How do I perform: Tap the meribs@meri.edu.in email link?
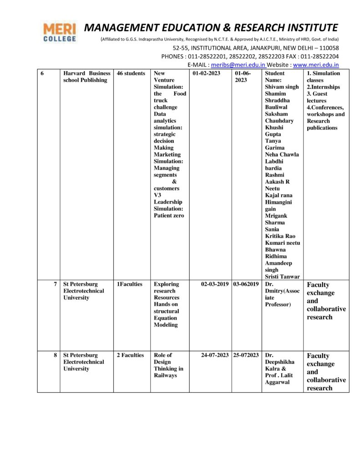238,65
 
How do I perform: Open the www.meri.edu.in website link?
316,65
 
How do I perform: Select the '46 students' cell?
131,73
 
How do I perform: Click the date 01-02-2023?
208,73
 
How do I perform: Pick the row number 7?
55,284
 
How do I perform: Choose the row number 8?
55,355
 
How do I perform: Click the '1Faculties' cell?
130,284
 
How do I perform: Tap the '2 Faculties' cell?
130,355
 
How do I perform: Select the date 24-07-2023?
215,355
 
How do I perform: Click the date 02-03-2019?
215,284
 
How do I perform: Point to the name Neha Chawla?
282,155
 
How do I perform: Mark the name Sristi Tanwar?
282,277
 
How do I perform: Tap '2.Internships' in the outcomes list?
323,87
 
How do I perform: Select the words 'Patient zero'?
169,216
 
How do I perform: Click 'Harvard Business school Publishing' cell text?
86,76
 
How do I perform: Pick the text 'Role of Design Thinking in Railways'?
168,365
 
